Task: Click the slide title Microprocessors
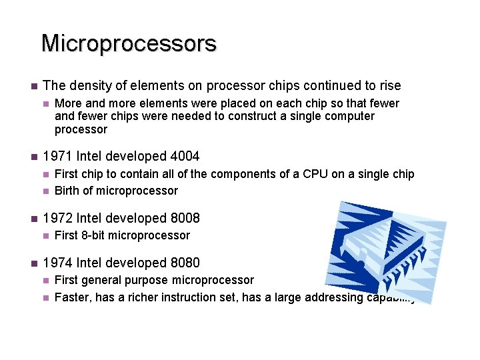(129, 43)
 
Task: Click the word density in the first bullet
(87, 85)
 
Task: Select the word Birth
(68, 191)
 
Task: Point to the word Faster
(73, 297)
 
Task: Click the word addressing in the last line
(333, 297)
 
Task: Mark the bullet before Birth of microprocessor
(45, 191)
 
